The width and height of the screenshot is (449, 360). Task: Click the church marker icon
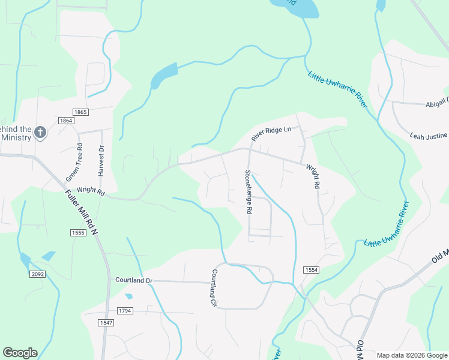tap(40, 132)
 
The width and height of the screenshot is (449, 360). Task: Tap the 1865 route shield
tap(80, 112)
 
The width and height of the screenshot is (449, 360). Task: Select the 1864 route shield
tap(66, 121)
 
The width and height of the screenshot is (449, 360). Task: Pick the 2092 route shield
tap(37, 274)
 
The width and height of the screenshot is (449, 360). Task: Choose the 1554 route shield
tap(310, 271)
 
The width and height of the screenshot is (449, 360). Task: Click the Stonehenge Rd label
tap(247, 192)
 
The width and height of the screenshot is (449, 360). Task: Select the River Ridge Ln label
tap(271, 133)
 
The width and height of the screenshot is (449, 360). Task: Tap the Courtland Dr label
tap(134, 280)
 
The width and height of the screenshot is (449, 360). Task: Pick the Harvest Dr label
tap(101, 161)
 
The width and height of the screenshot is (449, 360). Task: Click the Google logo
tap(20, 353)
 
